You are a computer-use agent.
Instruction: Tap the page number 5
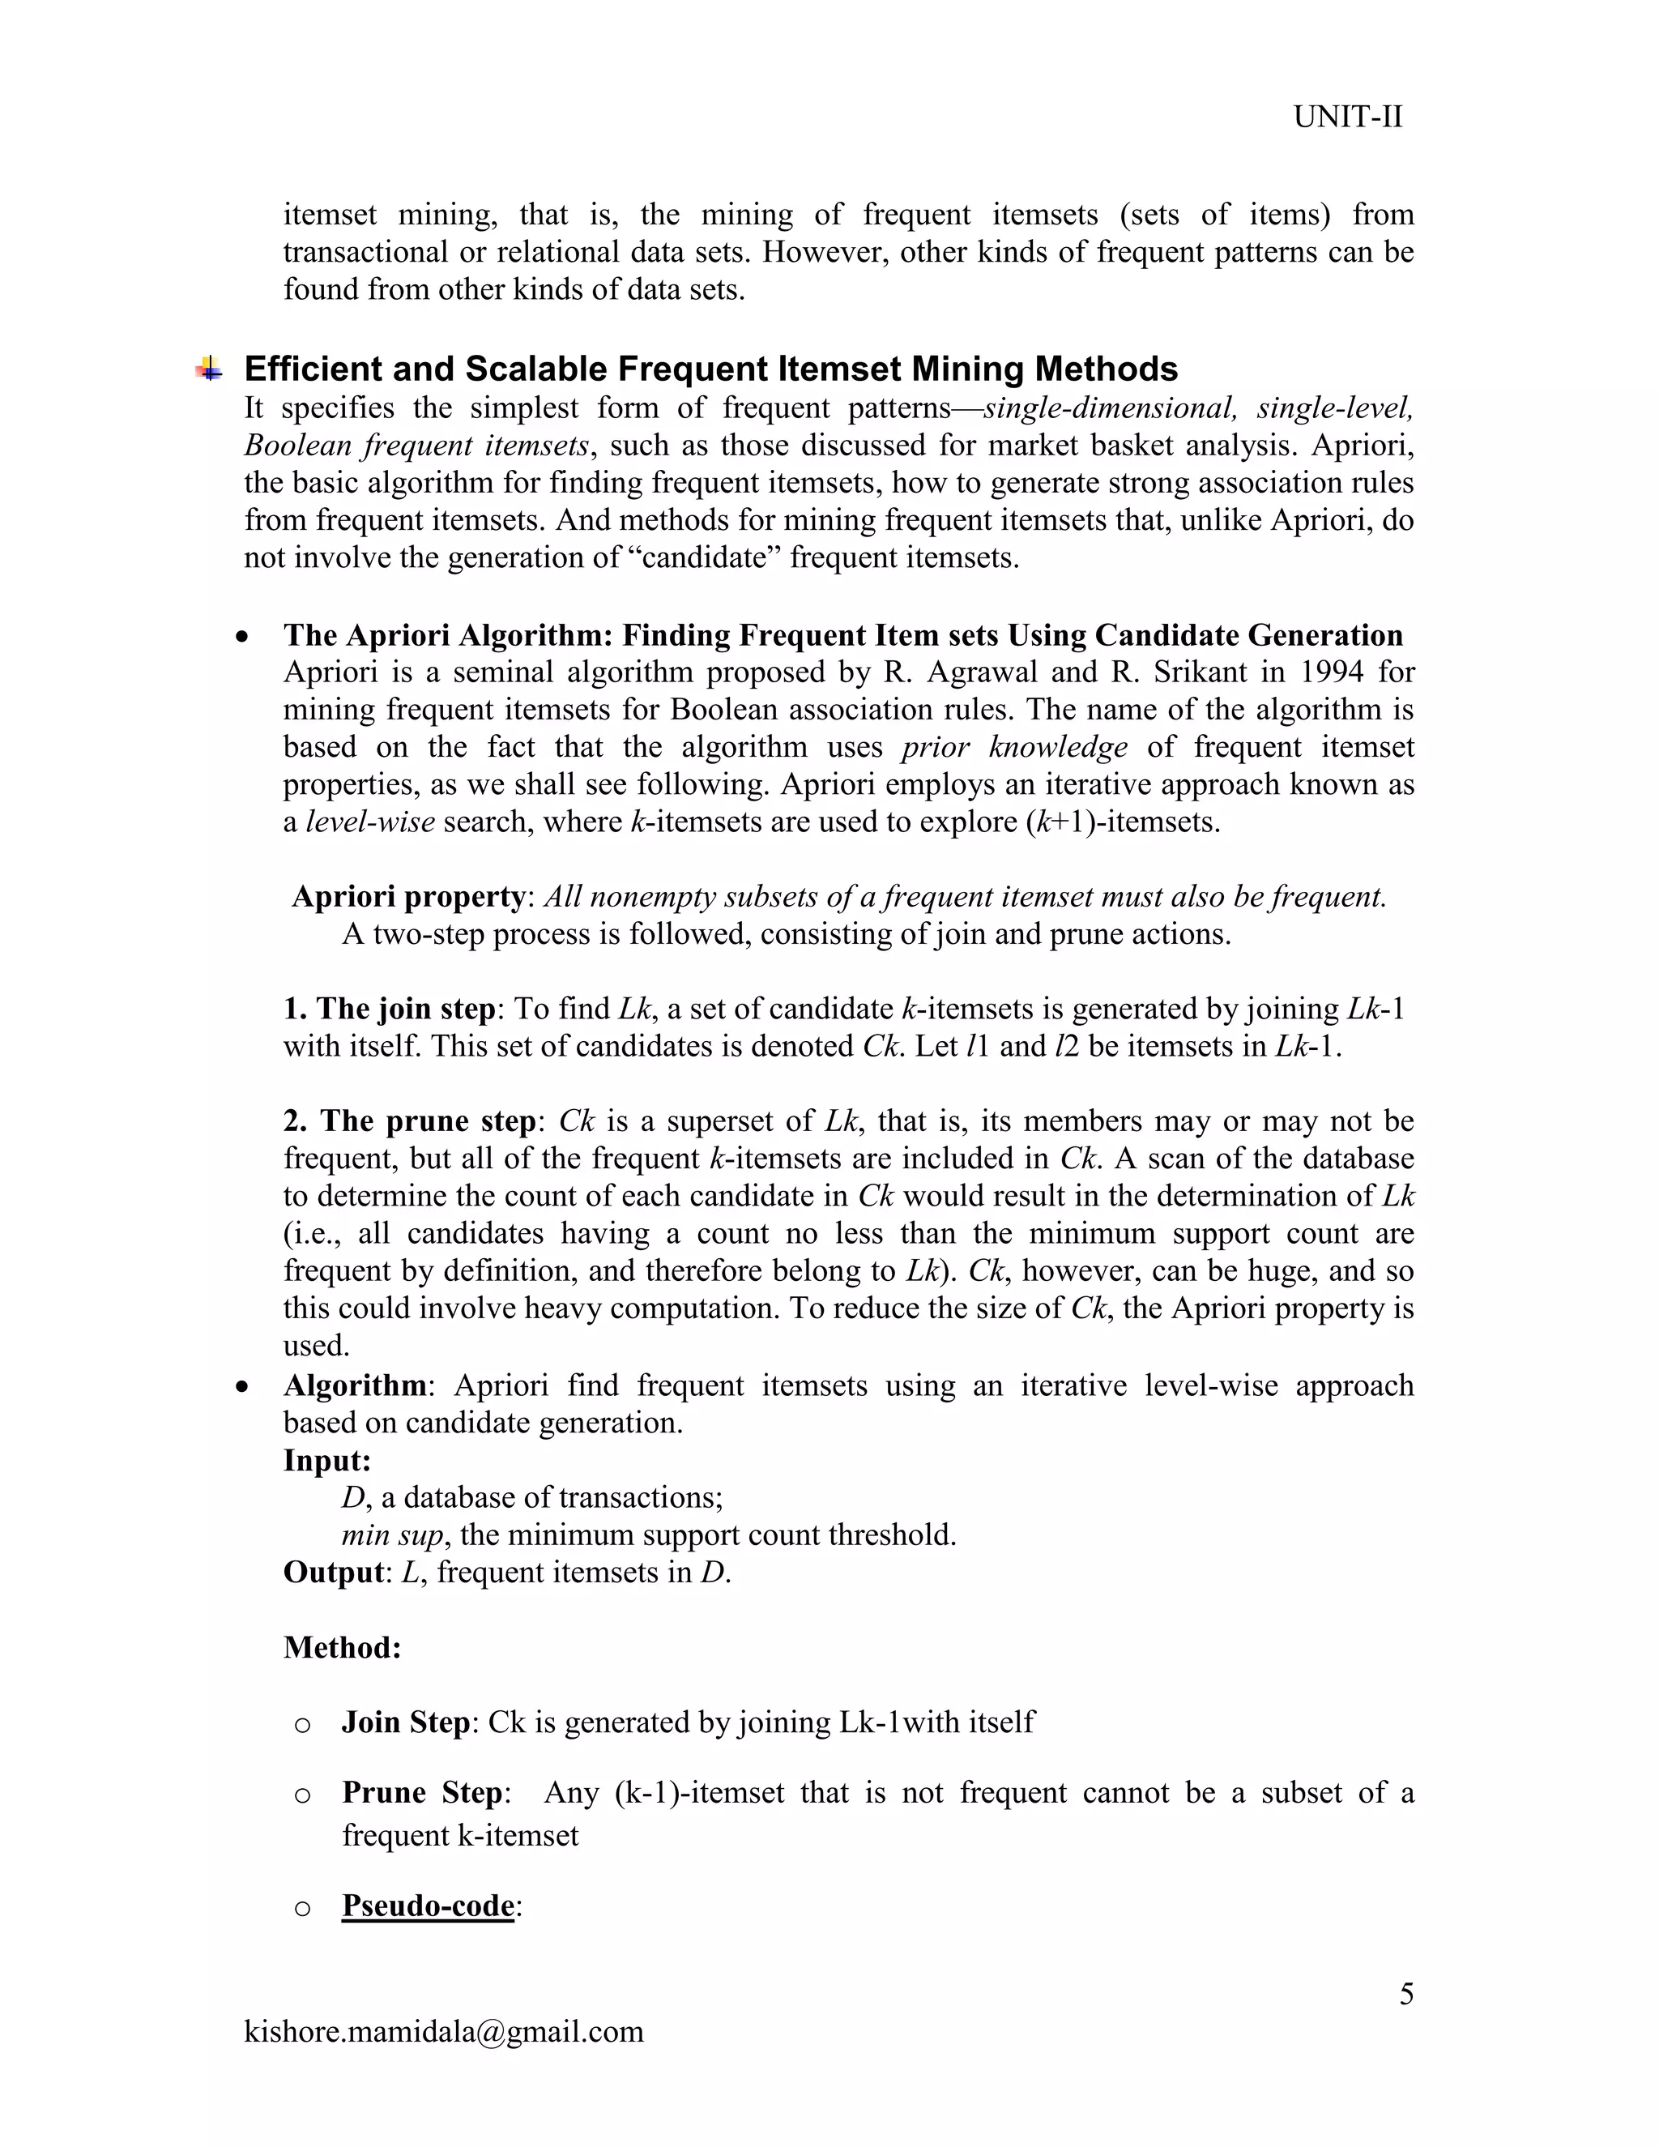[1406, 1994]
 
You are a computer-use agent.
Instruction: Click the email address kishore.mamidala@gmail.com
[443, 2031]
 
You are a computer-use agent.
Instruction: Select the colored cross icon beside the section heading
[208, 369]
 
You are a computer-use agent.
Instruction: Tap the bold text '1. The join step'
[389, 1009]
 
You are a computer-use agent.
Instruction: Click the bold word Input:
[327, 1461]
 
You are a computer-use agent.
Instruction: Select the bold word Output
[332, 1573]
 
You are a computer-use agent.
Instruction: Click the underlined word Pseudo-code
[428, 1906]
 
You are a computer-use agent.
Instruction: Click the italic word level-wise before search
[370, 822]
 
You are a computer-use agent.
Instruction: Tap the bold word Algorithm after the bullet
[355, 1386]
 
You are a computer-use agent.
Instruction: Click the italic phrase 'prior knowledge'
[1013, 747]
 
